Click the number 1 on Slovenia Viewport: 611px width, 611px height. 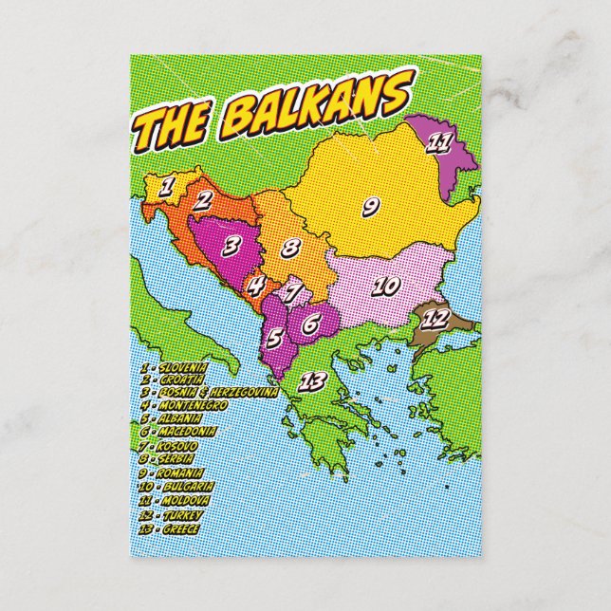pos(165,187)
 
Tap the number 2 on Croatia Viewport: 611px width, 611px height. pos(202,199)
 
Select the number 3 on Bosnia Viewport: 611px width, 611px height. pos(231,245)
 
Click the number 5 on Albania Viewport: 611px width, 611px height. pos(274,337)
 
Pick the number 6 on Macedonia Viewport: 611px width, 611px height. pos(309,324)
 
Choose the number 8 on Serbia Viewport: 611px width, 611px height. pos(290,250)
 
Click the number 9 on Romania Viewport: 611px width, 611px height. pos(371,203)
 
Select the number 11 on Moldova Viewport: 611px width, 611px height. pos(438,143)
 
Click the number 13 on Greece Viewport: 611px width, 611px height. pos(312,382)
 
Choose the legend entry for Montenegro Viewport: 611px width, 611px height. pos(184,405)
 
